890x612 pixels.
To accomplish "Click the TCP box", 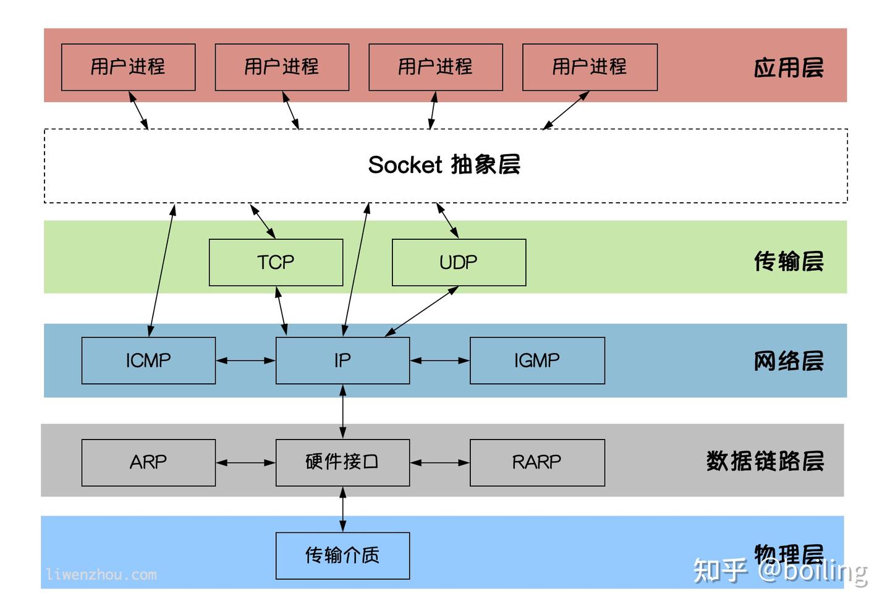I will tap(276, 262).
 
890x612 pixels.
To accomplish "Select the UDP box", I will tap(459, 262).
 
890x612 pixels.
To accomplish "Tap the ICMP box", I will tap(148, 360).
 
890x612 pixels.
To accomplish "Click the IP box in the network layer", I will tap(342, 360).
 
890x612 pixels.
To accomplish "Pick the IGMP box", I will tap(537, 360).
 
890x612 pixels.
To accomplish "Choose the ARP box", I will tap(148, 462).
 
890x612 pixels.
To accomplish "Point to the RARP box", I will tap(537, 462).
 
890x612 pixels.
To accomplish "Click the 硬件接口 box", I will tap(342, 462).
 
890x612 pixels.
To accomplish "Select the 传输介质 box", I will tap(342, 555).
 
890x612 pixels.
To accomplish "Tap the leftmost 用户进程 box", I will tap(128, 67).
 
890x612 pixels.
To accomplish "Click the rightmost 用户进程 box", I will tap(590, 67).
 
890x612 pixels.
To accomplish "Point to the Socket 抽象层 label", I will tap(444, 165).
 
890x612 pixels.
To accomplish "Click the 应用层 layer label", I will tap(789, 67).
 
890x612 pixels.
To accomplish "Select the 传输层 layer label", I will tap(789, 261).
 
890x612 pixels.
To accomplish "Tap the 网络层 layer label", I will tap(789, 360).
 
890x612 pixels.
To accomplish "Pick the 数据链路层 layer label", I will tap(765, 461).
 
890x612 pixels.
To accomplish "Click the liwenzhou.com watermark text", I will tap(101, 574).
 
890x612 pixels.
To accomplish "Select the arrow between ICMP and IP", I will tap(245, 360).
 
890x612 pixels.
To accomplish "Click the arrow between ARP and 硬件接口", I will tap(245, 462).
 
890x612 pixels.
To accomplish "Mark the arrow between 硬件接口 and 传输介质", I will tap(343, 509).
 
